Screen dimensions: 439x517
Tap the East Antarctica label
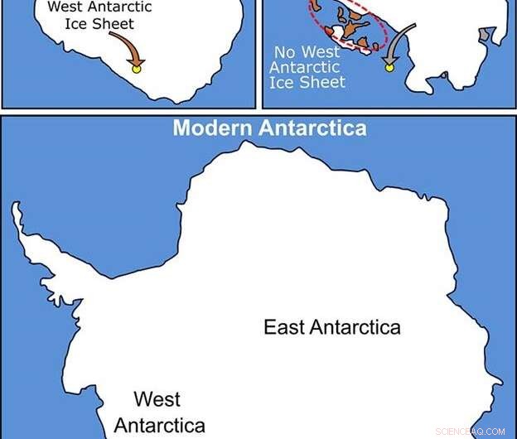(x=331, y=326)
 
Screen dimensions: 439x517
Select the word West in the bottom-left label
(x=157, y=400)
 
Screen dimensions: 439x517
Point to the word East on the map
(x=284, y=326)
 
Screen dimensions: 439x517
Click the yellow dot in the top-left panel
(x=138, y=69)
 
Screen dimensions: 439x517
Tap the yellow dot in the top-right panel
(x=389, y=67)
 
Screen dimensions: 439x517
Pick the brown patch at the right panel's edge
(x=485, y=34)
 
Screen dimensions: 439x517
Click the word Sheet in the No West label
(x=326, y=82)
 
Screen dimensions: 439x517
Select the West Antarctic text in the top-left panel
(x=89, y=8)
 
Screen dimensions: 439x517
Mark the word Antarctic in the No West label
(x=307, y=67)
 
